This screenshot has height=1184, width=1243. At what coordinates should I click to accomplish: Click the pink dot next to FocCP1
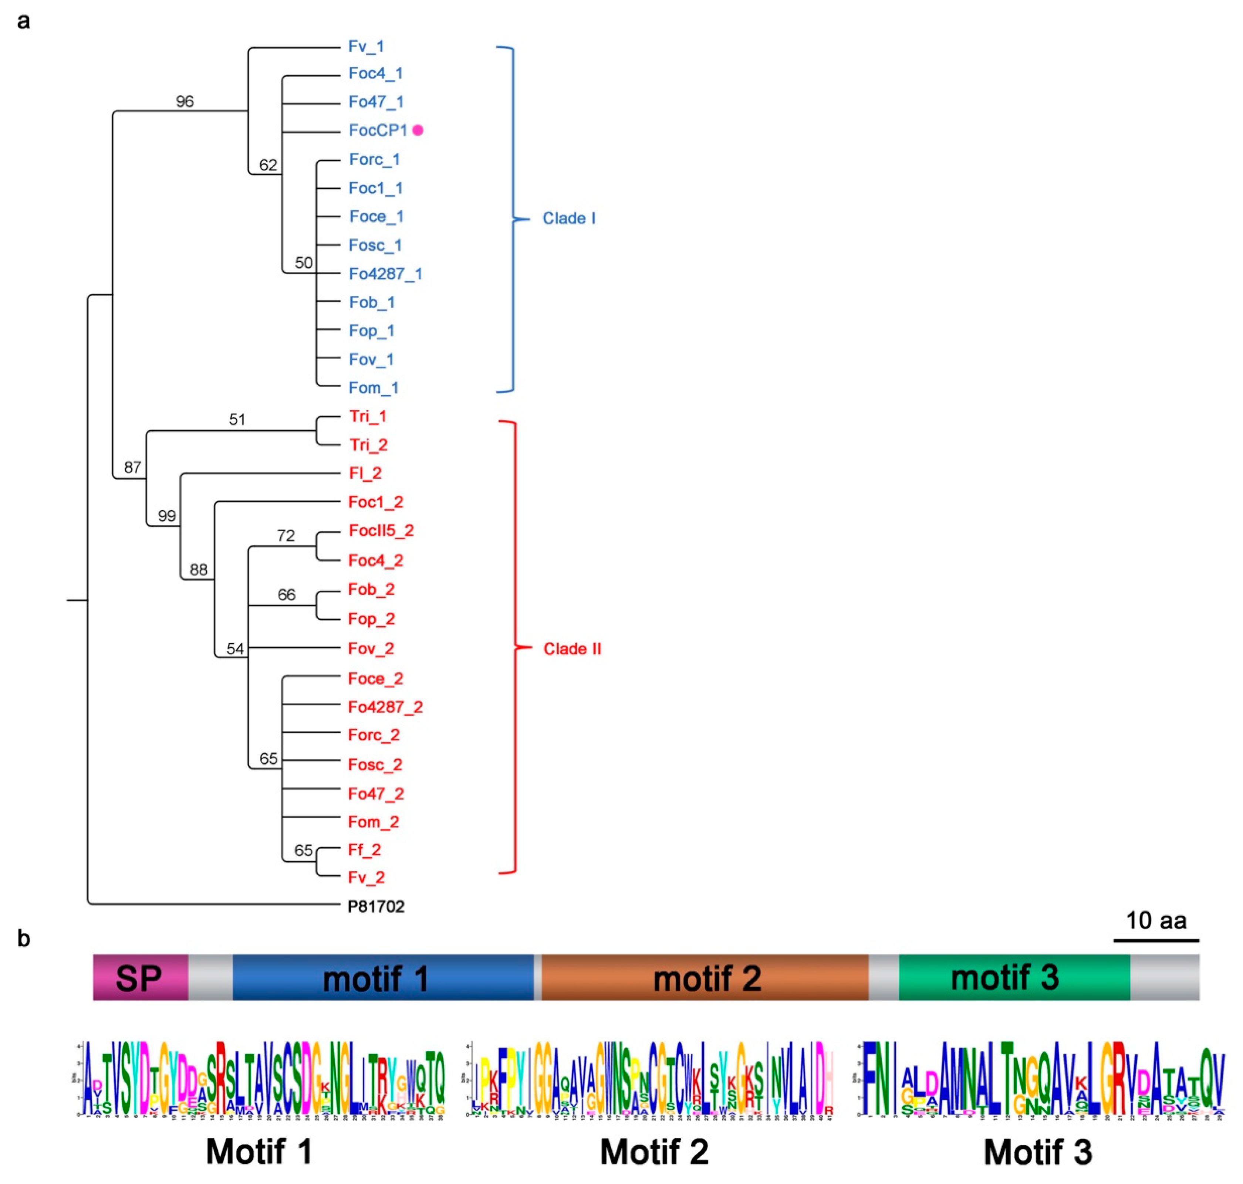coord(417,130)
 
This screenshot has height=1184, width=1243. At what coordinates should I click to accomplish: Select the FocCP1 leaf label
coord(378,130)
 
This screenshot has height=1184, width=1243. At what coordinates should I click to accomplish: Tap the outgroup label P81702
coord(376,906)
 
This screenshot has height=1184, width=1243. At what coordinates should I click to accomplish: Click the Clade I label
coord(569,218)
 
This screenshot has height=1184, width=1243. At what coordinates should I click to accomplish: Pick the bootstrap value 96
coord(184,102)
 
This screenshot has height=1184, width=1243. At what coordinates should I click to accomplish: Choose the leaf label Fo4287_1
coord(385,274)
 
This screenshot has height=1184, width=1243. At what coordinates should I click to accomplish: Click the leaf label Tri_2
coord(369,445)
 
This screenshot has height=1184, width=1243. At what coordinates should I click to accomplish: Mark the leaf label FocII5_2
coord(381,531)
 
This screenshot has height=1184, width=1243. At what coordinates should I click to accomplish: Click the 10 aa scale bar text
coord(1155,921)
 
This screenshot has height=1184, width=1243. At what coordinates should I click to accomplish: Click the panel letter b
coord(24,939)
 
